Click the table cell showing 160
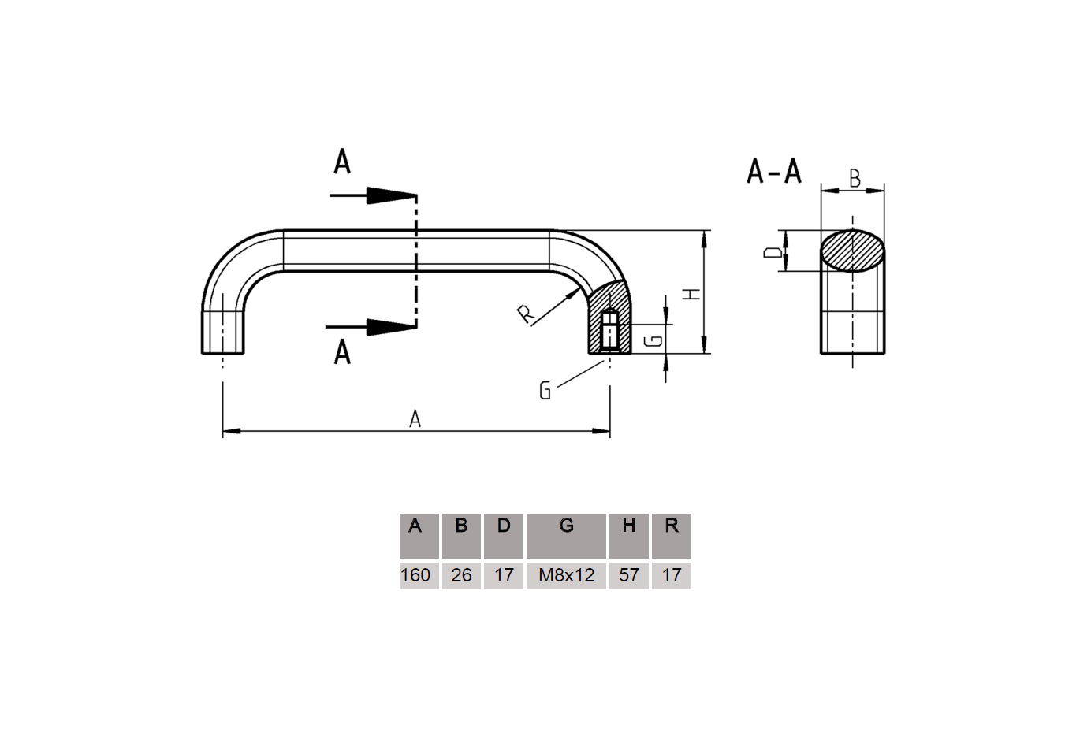[415, 575]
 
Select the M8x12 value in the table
[566, 575]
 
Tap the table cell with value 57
[629, 575]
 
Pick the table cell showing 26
[461, 575]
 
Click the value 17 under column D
[504, 575]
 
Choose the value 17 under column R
[672, 575]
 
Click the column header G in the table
[566, 526]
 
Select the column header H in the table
[629, 526]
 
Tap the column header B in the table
[461, 526]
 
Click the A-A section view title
[773, 171]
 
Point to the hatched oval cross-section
[852, 251]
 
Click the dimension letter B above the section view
[855, 179]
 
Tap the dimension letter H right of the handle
[691, 294]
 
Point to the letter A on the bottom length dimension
[415, 420]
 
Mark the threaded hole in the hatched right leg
[609, 331]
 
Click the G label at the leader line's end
[545, 390]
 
